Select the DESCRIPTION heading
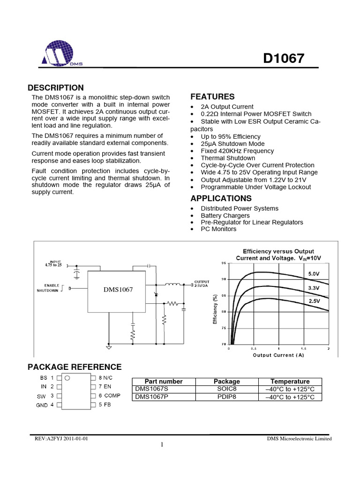click(56, 88)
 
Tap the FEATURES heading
click(212, 97)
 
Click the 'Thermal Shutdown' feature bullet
click(228, 158)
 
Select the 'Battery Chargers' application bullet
click(225, 215)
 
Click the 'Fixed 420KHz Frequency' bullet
click(237, 151)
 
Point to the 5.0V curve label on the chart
click(314, 272)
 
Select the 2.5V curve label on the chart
click(314, 302)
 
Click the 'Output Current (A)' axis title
click(278, 355)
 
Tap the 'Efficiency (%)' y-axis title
click(215, 310)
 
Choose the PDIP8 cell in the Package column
click(226, 397)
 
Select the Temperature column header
click(290, 382)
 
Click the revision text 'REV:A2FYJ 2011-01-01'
click(62, 439)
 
